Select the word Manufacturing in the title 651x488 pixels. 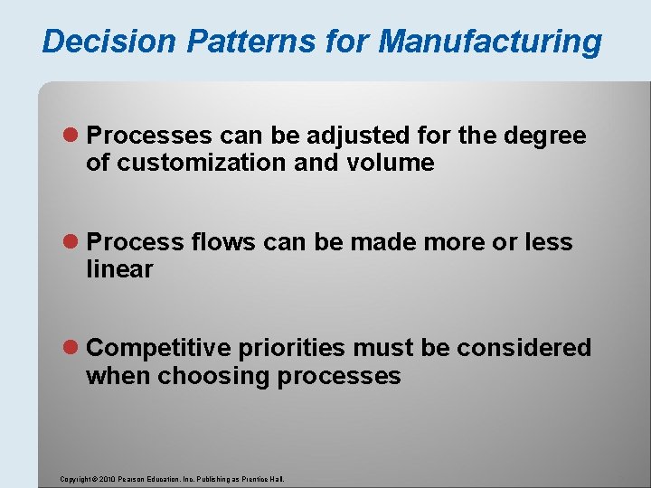(490, 42)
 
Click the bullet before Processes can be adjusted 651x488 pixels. (74, 136)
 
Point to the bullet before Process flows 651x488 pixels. (74, 242)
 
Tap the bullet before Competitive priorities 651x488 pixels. (74, 348)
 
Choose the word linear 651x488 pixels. (119, 268)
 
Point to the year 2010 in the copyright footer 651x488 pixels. (105, 479)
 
